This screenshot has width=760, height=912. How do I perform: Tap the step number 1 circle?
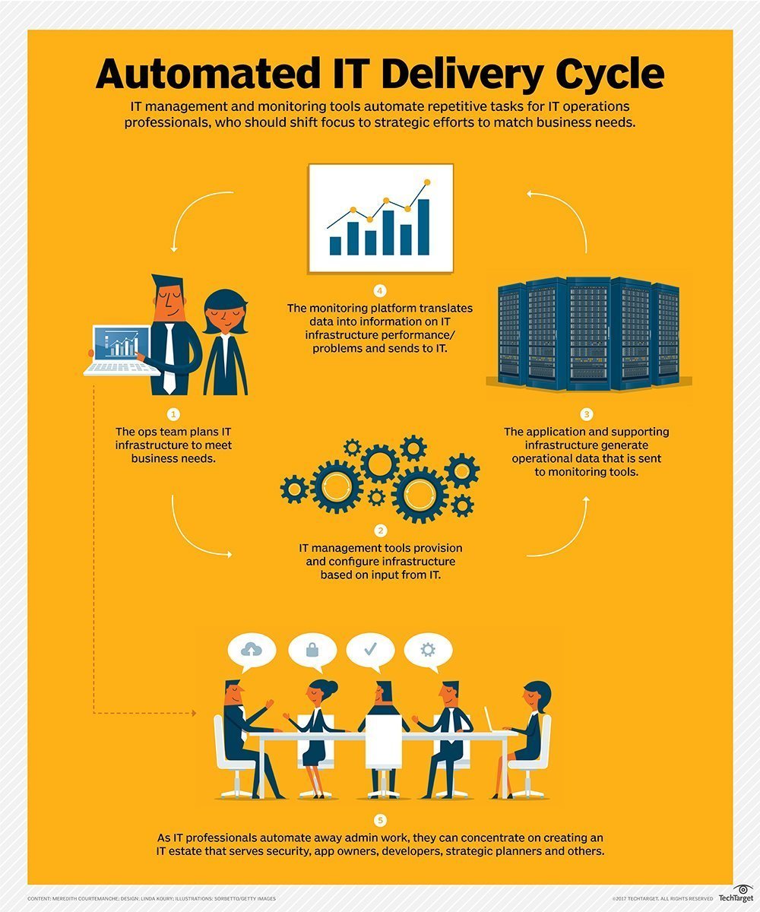(174, 414)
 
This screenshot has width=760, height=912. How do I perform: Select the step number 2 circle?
(380, 530)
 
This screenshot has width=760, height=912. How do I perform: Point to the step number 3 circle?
(586, 414)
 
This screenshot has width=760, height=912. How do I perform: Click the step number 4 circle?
(380, 290)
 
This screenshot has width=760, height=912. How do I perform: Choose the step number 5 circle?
(380, 819)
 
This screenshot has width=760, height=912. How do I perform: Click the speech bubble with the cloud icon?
(252, 651)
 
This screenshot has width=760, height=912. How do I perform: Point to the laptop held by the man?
(119, 350)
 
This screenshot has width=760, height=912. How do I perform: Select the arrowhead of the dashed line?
(193, 713)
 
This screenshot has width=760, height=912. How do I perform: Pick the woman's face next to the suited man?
(225, 312)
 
